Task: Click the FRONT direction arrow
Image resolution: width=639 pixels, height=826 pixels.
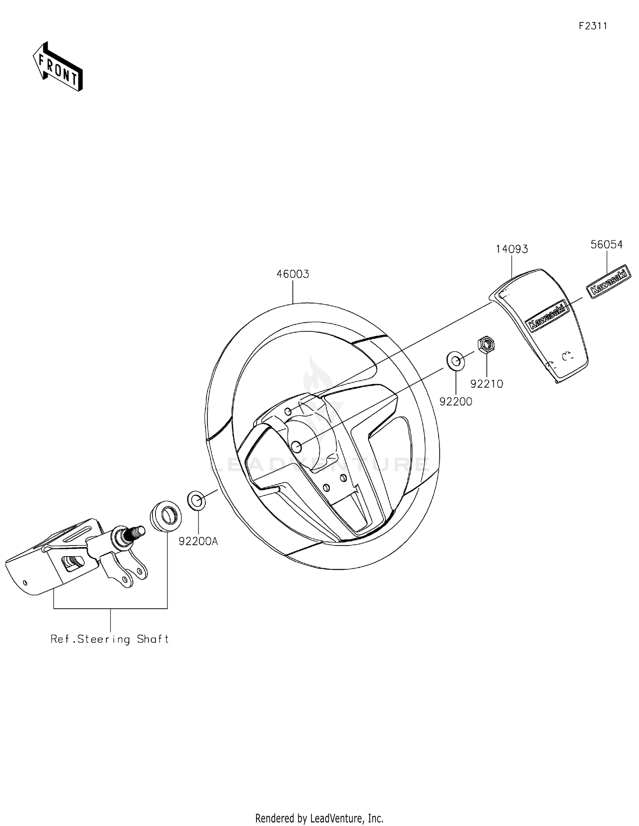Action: [x=58, y=67]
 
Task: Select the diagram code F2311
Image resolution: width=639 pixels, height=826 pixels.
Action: [x=593, y=26]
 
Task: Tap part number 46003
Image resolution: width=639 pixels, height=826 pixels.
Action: [x=293, y=274]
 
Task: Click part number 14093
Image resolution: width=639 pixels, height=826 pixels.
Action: [x=512, y=249]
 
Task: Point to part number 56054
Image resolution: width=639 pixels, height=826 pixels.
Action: [x=606, y=245]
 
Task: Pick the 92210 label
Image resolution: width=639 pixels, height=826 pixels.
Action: [x=486, y=384]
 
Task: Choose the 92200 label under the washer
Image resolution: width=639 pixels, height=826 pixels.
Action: [x=456, y=401]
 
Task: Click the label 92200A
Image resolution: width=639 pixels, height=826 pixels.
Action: [x=198, y=541]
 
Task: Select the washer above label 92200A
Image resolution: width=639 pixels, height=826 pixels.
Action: [x=196, y=500]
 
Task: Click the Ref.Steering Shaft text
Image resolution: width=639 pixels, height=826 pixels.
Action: [x=110, y=639]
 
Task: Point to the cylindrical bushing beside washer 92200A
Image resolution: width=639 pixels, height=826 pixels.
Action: [x=166, y=516]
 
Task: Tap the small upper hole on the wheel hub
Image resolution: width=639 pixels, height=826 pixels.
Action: [x=288, y=411]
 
